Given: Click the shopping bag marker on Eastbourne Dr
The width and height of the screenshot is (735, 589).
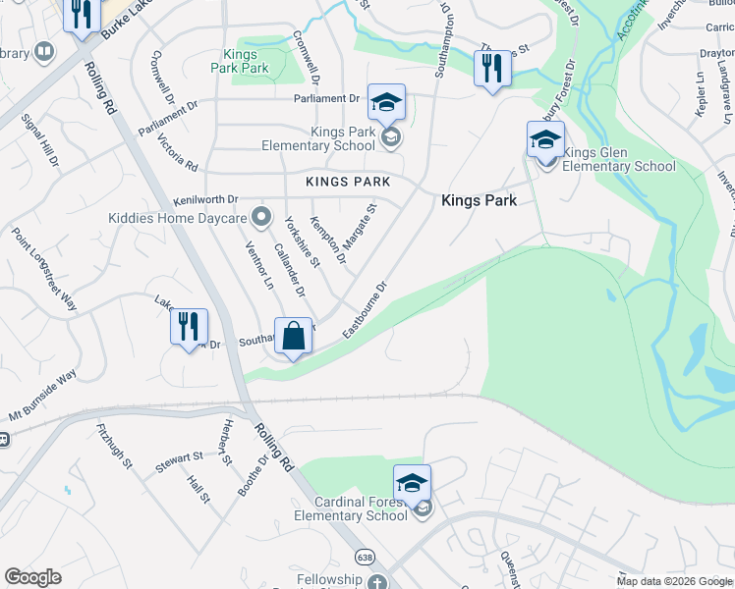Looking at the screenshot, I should coord(294,337).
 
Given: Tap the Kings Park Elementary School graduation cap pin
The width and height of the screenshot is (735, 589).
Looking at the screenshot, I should coord(387,102).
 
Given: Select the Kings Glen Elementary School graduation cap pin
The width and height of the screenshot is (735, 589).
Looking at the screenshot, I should coord(545,139).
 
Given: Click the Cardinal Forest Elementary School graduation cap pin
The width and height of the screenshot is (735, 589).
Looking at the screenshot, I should coord(412,483).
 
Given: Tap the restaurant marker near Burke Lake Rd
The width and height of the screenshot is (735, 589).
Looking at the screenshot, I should coord(82,14).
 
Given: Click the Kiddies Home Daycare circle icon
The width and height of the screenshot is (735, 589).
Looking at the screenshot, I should coord(260,215).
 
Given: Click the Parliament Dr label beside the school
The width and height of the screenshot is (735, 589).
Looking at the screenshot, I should coord(327,98).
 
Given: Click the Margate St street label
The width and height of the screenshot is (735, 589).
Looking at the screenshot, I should coord(359,226).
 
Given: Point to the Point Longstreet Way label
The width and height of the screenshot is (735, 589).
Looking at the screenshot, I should coord(43,269).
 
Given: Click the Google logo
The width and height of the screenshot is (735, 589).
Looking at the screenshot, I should coord(32,577).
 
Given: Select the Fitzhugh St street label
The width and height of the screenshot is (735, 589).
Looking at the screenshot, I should coord(114,445).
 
